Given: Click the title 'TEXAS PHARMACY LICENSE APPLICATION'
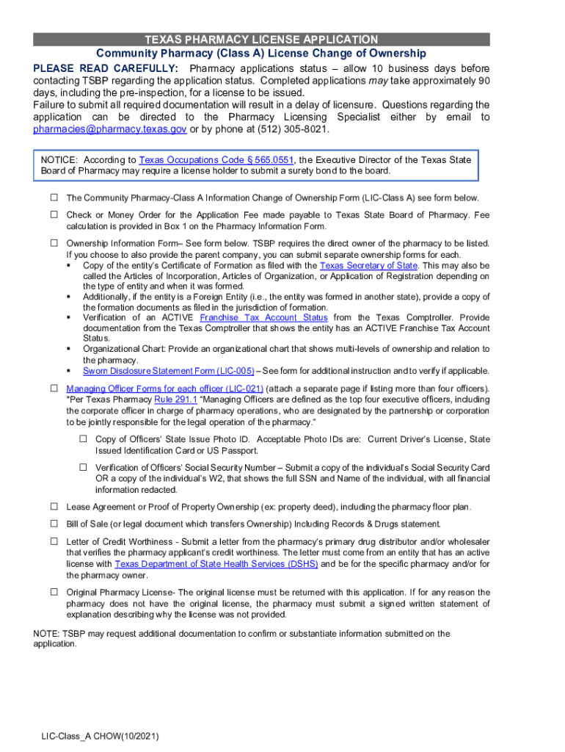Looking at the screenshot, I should (261, 40).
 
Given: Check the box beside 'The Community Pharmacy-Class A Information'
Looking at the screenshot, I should (54, 198).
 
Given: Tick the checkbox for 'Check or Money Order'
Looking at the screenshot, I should (54, 214).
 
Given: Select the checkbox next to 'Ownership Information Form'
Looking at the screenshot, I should (54, 242).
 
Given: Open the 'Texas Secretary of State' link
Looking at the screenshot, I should (368, 265).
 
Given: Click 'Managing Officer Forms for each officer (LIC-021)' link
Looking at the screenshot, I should (164, 388).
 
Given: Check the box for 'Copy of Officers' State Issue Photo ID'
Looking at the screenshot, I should (84, 438).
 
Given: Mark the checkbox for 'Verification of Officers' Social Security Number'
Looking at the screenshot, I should (84, 467).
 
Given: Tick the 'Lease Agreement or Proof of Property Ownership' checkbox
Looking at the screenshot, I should (54, 506).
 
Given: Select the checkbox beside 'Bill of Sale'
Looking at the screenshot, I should (54, 524).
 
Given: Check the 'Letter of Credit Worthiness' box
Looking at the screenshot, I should (54, 540).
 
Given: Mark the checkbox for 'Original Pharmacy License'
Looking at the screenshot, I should (54, 591).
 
